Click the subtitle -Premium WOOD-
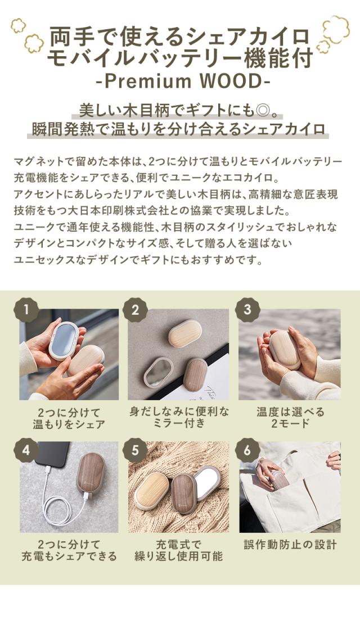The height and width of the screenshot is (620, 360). coord(180,80)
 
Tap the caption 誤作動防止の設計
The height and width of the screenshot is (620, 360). coord(290,544)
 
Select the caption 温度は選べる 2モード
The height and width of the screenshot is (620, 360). coord(290,418)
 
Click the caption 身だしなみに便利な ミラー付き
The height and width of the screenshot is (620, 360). coord(179,418)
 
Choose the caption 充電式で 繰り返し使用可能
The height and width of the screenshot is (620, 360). coord(179,550)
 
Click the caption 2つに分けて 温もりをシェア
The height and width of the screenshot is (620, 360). coord(69,418)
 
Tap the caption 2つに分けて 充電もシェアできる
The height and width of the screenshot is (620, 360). coord(69,550)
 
